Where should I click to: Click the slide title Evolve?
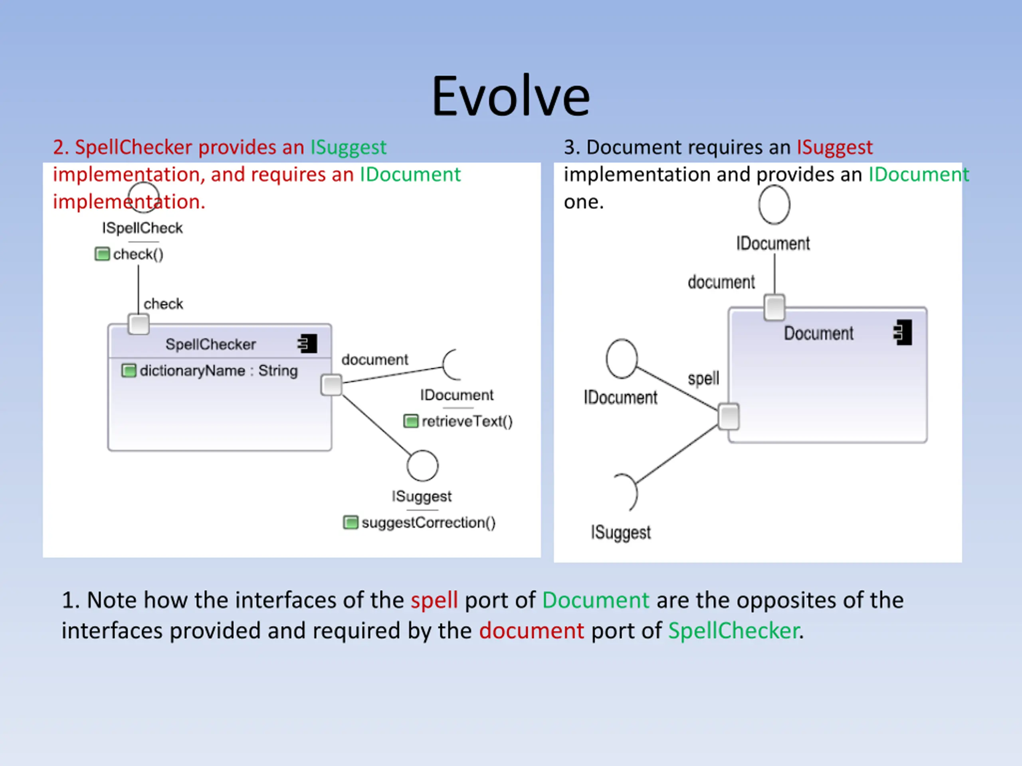[511, 97]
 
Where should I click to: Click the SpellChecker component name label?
[210, 344]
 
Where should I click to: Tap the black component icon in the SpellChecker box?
[308, 344]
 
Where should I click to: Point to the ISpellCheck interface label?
[142, 228]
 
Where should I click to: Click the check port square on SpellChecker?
[138, 324]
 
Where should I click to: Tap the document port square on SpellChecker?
[331, 385]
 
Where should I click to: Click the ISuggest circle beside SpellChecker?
[422, 466]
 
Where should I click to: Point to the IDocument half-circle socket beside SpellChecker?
[450, 365]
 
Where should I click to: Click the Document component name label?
[818, 334]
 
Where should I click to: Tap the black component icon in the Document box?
[903, 332]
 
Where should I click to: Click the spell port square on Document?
[729, 417]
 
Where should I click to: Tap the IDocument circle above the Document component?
[774, 205]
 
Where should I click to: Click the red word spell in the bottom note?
[434, 600]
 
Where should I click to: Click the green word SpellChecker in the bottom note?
[733, 631]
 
